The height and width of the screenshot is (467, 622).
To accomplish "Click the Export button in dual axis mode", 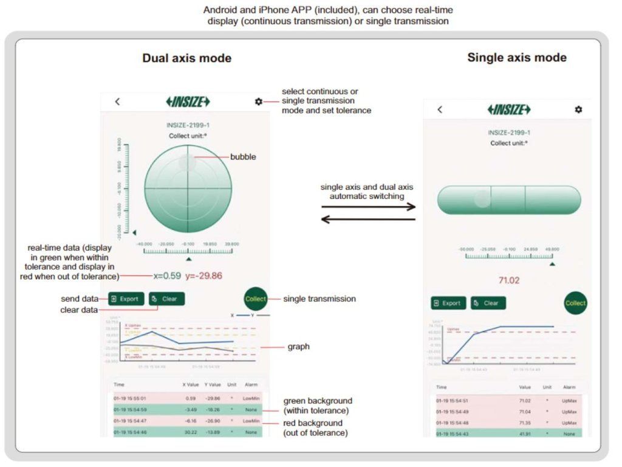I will pos(126,299).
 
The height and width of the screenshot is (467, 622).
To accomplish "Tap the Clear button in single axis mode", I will pos(488,303).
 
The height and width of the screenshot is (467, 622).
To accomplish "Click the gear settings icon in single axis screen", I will pos(578,109).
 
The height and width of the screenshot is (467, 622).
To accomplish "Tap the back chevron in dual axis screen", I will pos(117,102).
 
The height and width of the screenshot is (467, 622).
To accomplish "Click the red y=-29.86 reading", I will pos(203,275).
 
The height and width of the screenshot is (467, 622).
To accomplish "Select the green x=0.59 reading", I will pos(167,275).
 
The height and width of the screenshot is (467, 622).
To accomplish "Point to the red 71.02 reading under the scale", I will pos(508,280).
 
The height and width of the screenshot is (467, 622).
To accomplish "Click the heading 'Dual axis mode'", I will pos(186,58).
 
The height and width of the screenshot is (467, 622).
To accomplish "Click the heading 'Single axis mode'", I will pos(516,58).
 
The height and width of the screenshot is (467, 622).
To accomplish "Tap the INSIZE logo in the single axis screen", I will pos(509,109).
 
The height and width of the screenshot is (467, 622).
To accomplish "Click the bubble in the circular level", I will pos(187,162).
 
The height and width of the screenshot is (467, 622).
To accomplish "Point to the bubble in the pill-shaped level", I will pos(482,199).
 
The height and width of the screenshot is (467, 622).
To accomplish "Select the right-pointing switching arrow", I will pos(368,207).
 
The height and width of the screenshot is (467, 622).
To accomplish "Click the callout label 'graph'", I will pos(298,347).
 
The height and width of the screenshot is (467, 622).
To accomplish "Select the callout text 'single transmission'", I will pos(320,299).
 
